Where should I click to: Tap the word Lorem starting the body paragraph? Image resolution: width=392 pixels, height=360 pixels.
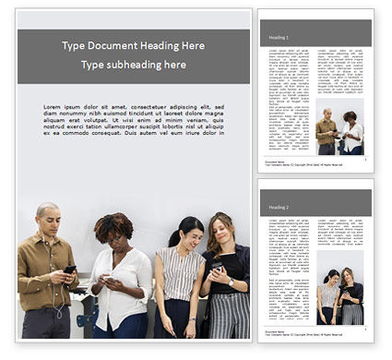53,108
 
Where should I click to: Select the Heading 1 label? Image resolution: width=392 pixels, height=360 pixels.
278,37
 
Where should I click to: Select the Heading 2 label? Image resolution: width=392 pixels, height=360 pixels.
278,209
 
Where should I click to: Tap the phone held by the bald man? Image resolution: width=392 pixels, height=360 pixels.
70,270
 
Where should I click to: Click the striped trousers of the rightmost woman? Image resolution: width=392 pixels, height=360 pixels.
229,314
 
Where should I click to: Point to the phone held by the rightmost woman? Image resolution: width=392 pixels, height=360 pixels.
217,267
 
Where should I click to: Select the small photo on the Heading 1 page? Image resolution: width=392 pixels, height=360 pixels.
340,129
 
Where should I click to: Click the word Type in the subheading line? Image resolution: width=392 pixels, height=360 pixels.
93,65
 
